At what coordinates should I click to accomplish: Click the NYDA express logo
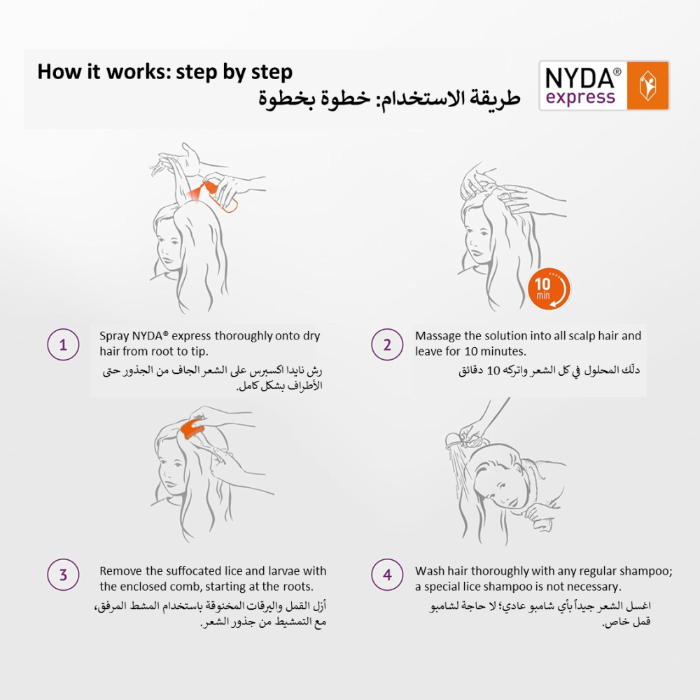[604, 85]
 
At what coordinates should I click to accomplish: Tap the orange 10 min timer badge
[549, 288]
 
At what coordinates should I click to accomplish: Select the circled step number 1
[63, 344]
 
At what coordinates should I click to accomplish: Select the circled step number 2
[387, 344]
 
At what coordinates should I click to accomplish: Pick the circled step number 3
[63, 575]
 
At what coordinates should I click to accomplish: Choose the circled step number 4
[387, 575]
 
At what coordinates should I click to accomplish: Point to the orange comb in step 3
[192, 428]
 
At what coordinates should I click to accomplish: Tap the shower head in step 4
[453, 440]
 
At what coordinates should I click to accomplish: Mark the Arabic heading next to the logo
[389, 98]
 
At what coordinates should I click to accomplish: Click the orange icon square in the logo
[647, 85]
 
